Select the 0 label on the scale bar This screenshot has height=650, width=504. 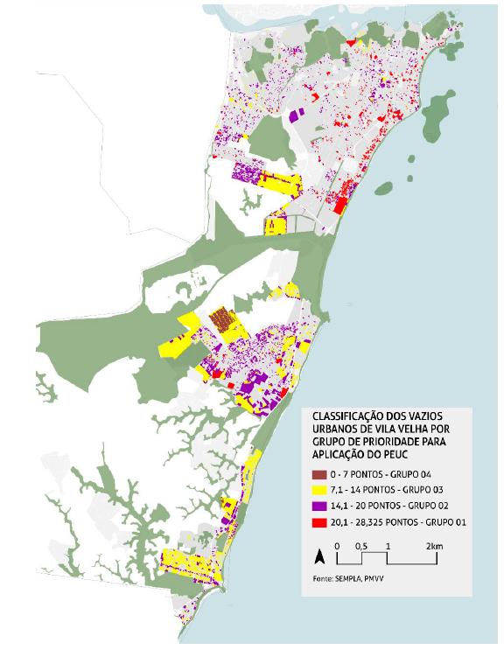click(340, 546)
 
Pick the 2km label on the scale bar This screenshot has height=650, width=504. click(434, 546)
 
